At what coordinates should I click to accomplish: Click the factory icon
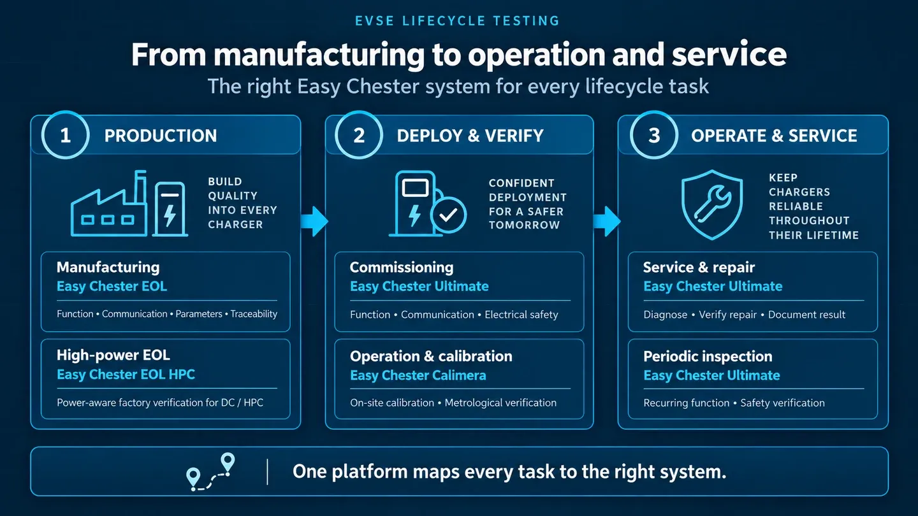click(109, 204)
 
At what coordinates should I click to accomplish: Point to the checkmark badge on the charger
click(448, 215)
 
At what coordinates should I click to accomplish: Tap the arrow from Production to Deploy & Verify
click(314, 221)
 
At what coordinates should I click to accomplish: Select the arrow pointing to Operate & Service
click(607, 221)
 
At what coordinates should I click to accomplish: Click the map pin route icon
click(210, 472)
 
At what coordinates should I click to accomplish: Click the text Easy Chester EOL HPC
click(126, 375)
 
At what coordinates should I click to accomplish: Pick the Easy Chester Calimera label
click(418, 375)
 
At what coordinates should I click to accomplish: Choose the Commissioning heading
click(402, 268)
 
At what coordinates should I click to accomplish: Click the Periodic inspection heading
click(708, 356)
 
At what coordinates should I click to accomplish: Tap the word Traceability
click(254, 314)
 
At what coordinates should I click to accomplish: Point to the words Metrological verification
click(500, 403)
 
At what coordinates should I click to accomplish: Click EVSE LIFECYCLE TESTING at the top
click(457, 21)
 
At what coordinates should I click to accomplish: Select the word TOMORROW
click(524, 226)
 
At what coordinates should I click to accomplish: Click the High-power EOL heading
click(113, 355)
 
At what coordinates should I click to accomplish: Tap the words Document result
click(806, 315)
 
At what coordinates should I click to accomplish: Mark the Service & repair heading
click(699, 268)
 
